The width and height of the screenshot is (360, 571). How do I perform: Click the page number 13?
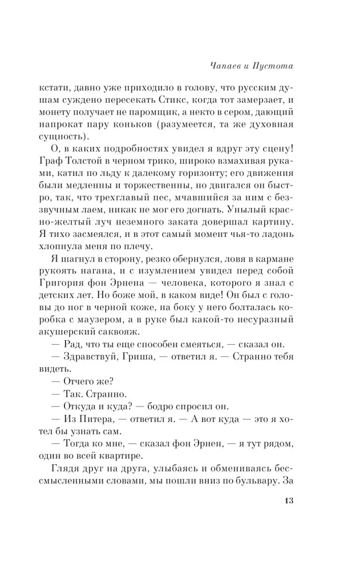tap(288, 518)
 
